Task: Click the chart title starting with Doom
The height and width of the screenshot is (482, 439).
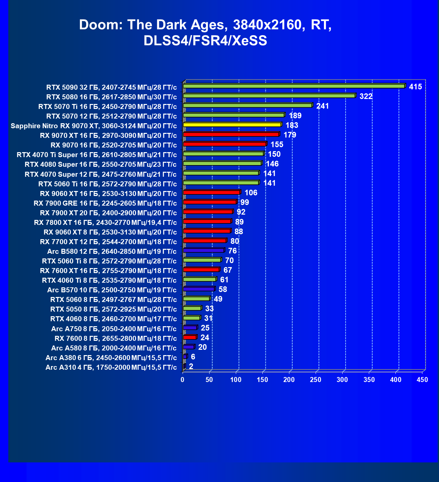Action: pos(205,33)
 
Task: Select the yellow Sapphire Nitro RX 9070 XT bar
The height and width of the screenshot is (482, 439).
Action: pos(232,125)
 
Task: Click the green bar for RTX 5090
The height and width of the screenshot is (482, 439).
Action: pos(294,86)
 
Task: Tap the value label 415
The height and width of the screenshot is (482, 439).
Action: pos(415,87)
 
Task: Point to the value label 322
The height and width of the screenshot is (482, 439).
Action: pos(366,97)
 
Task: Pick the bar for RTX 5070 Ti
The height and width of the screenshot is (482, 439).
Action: pos(247,106)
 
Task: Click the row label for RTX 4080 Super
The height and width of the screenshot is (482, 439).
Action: pos(100,164)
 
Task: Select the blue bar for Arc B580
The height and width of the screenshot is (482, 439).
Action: pos(204,250)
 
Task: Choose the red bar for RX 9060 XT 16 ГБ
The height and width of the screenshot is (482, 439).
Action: pos(211,192)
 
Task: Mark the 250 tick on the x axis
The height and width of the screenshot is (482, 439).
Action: pos(316,380)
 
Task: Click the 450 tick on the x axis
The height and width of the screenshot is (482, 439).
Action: pos(422,380)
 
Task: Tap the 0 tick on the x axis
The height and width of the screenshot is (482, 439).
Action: pos(183,380)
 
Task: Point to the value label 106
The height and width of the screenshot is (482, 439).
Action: pos(251,193)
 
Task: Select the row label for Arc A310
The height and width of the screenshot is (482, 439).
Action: pos(111,367)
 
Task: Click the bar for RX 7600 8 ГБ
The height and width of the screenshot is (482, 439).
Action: pos(190,337)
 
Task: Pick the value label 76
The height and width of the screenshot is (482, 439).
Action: pos(232,251)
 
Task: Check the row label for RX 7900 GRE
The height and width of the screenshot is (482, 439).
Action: pos(105,203)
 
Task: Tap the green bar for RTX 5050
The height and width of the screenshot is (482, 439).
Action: pos(192,308)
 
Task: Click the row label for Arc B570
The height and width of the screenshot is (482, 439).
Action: pos(112,290)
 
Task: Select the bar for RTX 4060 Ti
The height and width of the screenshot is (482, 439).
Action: pos(200,279)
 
